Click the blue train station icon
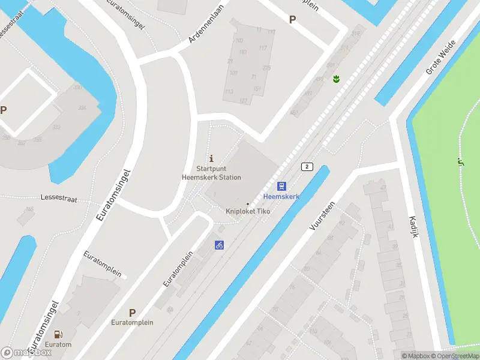[x=282, y=186]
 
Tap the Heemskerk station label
[x=281, y=197]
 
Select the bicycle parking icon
[x=220, y=245]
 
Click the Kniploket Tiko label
[x=248, y=211]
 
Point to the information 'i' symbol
[x=211, y=158]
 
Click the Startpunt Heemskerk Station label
[x=211, y=173]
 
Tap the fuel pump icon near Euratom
[x=58, y=334]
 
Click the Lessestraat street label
[x=59, y=197]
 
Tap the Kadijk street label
[x=413, y=227]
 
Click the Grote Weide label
[x=440, y=58]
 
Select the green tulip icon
[x=337, y=78]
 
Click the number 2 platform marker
[x=307, y=167]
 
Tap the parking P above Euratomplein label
[x=132, y=313]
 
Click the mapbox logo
[x=26, y=353]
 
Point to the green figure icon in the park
[x=460, y=161]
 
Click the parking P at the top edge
[x=293, y=19]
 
